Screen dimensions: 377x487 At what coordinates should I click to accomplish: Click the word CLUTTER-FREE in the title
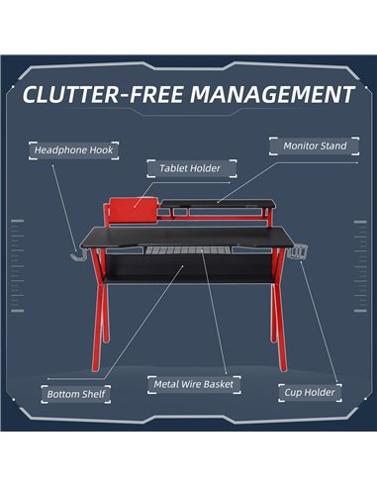click(x=103, y=94)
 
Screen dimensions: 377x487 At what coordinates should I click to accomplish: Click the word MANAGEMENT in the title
click(x=272, y=94)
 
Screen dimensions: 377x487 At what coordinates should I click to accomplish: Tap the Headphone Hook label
click(x=73, y=150)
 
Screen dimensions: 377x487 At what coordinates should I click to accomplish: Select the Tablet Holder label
click(x=192, y=168)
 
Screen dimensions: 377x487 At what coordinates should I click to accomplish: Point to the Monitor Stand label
click(x=315, y=146)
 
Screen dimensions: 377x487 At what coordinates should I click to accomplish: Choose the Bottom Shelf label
click(x=76, y=394)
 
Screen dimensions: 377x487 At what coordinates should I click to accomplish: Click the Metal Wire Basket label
click(x=194, y=384)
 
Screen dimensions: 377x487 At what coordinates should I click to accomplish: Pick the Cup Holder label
click(x=310, y=393)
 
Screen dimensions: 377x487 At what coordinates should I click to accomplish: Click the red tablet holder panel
click(x=134, y=210)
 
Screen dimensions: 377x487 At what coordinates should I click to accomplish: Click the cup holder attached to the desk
click(x=297, y=252)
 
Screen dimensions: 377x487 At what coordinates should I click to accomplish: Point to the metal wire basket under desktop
click(x=187, y=250)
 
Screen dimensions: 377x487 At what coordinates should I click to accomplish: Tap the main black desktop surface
click(x=187, y=237)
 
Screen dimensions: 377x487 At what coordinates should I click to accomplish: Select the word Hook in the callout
click(x=101, y=150)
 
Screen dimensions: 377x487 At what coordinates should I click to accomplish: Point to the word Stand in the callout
click(x=332, y=146)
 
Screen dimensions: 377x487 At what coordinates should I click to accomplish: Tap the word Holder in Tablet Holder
click(x=204, y=168)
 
